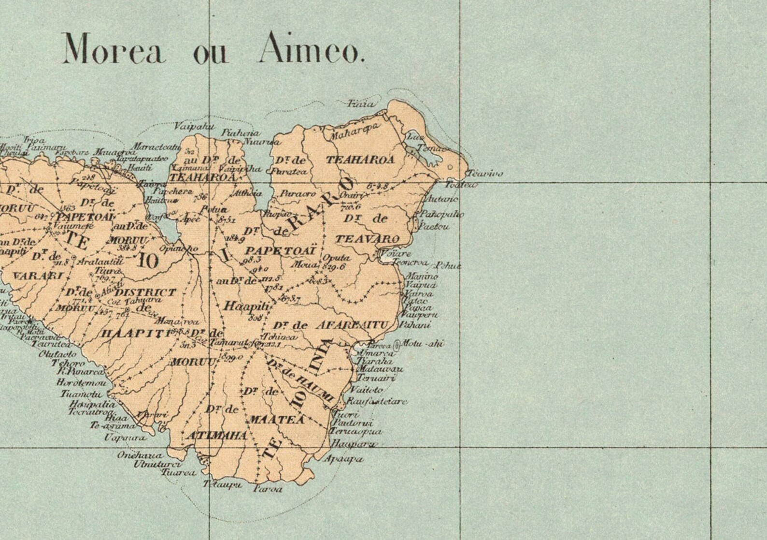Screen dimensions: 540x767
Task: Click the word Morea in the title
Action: (x=114, y=49)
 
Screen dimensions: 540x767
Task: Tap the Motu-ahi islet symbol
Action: (x=397, y=345)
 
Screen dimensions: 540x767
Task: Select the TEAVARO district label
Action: (x=367, y=239)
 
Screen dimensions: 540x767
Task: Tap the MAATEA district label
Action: (x=277, y=420)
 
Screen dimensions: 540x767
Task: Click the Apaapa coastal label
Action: (x=343, y=459)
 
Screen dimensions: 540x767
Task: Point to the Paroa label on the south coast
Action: (x=268, y=489)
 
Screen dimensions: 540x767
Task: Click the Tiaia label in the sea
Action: (x=361, y=103)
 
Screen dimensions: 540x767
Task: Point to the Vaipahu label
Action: (x=187, y=126)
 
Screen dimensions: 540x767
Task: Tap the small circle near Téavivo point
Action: (x=450, y=167)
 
